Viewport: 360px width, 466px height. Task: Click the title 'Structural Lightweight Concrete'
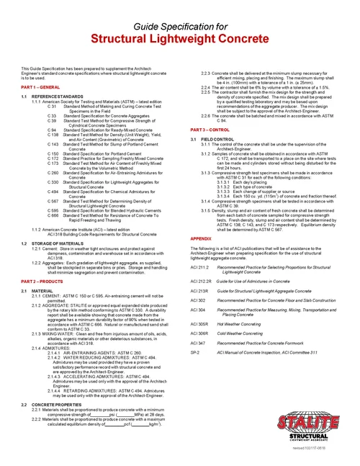coord(180,40)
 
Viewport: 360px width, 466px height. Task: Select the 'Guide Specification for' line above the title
coord(179,25)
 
